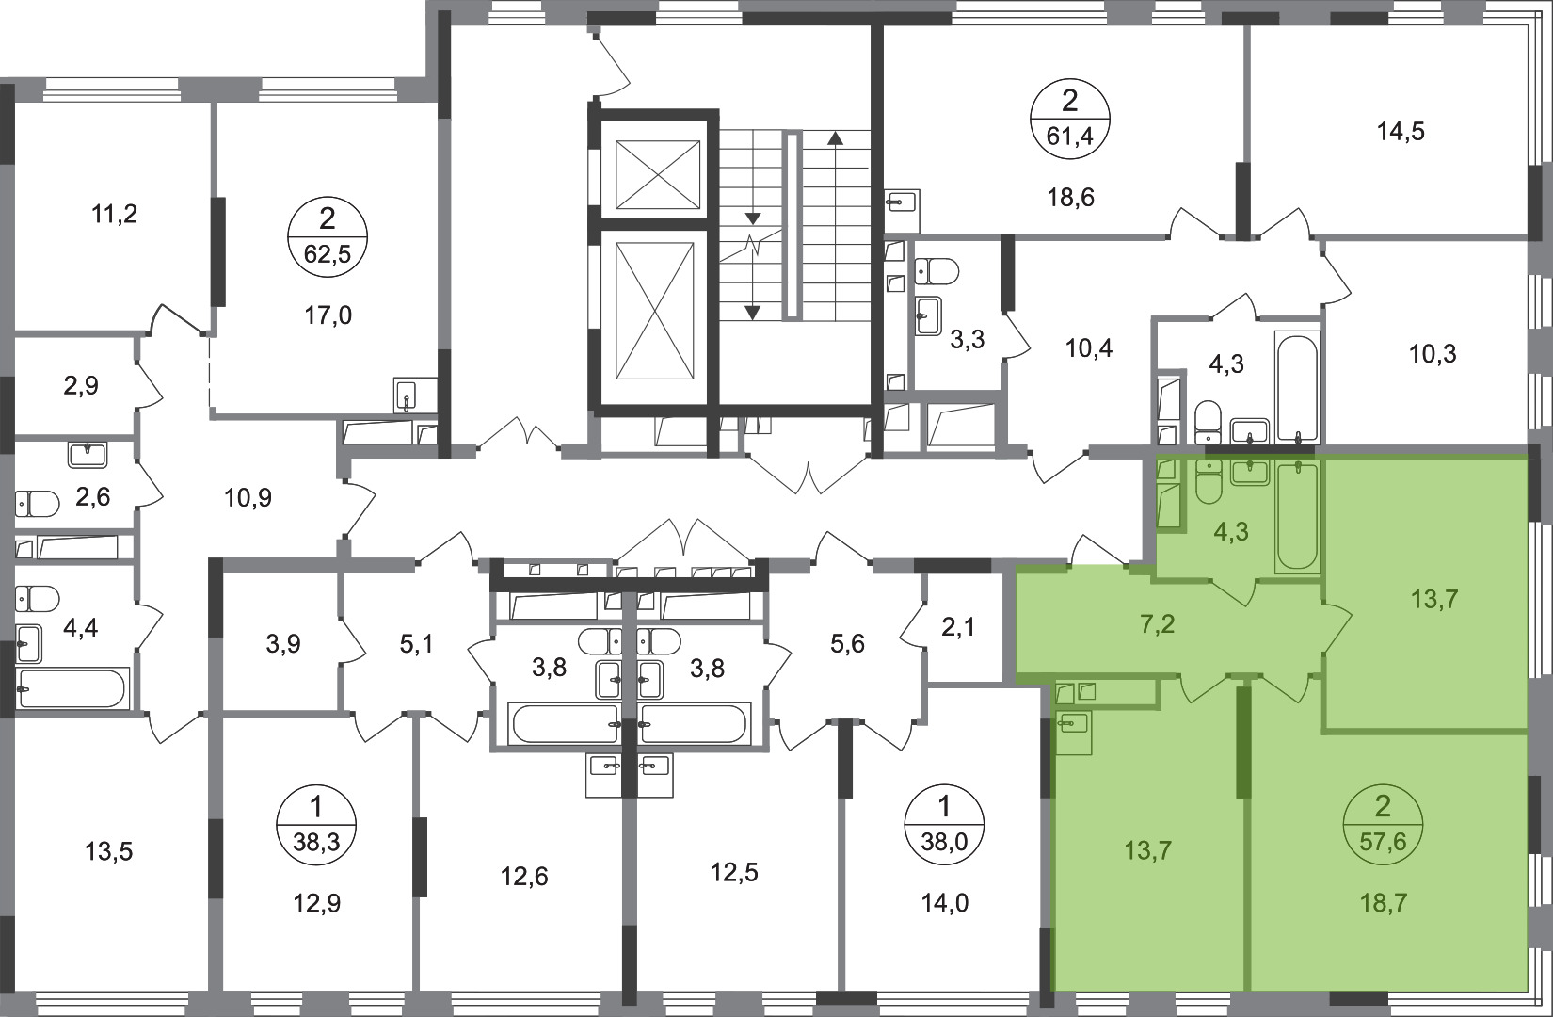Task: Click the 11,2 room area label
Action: [115, 215]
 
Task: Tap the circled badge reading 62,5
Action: [328, 236]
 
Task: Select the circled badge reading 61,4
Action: [1070, 119]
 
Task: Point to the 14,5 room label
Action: [1401, 131]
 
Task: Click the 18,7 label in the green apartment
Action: [1383, 903]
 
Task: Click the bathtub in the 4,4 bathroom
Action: [73, 689]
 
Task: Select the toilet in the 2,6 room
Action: [38, 504]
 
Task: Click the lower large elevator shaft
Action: [654, 311]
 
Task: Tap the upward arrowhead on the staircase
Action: [836, 137]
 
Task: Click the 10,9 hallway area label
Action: [248, 497]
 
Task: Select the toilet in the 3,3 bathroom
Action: [937, 270]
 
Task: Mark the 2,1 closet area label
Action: [959, 628]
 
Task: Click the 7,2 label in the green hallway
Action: [1157, 624]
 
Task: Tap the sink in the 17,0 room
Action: [407, 395]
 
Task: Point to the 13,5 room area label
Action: [108, 851]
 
